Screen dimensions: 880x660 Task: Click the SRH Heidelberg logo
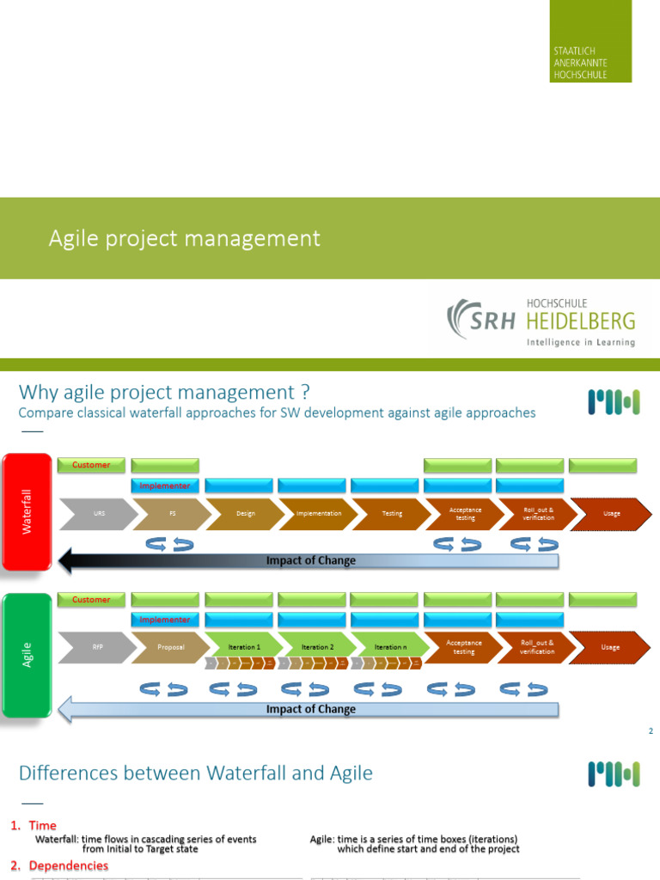pos(541,320)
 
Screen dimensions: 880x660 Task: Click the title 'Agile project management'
pos(184,238)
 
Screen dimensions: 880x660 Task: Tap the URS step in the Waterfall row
pos(100,513)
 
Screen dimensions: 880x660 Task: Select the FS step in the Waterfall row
pos(172,513)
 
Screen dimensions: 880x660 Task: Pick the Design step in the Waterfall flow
pos(246,513)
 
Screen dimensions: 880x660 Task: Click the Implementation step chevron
pos(318,513)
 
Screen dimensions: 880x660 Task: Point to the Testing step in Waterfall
pos(391,513)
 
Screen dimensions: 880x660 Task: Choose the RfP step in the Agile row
pos(100,647)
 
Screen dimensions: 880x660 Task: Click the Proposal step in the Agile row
pos(172,647)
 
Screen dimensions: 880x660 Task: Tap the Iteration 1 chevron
pos(244,646)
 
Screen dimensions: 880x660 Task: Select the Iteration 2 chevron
pos(318,646)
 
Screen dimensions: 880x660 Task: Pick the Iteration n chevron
pos(391,646)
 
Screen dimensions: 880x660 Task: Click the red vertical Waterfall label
pos(27,512)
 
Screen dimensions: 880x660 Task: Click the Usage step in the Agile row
pos(611,647)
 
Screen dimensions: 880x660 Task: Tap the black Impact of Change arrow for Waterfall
pos(309,561)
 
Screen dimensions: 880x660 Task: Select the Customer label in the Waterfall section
pos(91,465)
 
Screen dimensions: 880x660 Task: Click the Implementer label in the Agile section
pos(165,620)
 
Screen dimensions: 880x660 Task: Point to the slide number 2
pos(651,731)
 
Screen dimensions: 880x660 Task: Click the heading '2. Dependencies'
pos(60,865)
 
